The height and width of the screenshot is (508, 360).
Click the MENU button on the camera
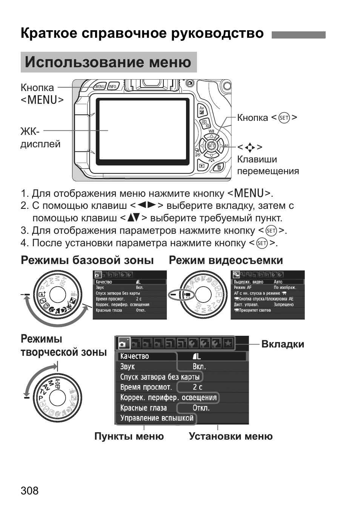(x=100, y=86)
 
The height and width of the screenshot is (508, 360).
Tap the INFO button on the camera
(x=112, y=86)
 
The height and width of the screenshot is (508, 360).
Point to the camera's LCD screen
(x=142, y=131)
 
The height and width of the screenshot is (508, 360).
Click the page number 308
(x=29, y=491)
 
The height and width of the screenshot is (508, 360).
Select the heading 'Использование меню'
(x=108, y=62)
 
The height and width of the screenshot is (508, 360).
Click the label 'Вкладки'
(x=282, y=344)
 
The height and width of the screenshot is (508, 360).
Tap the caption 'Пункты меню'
(x=129, y=436)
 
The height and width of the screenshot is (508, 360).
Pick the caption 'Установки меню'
(x=231, y=436)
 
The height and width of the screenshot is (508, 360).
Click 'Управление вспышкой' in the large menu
(x=157, y=418)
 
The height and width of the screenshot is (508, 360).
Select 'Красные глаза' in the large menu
(x=143, y=408)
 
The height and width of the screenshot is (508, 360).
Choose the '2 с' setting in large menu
(x=197, y=387)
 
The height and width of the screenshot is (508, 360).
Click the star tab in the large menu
(x=228, y=343)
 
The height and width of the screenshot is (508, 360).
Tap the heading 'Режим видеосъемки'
(x=226, y=260)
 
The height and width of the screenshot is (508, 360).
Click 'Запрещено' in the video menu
(x=283, y=304)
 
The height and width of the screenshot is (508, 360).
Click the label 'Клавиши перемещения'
(x=268, y=165)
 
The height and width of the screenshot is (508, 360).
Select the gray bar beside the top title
(x=298, y=35)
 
